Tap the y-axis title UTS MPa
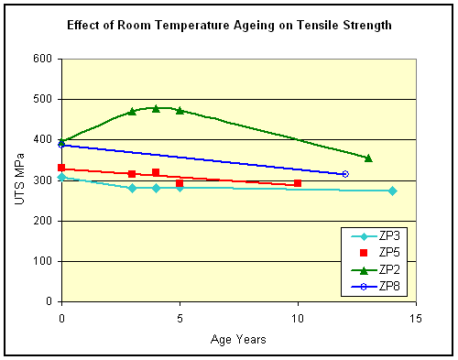click(x=20, y=179)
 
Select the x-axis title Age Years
click(x=238, y=339)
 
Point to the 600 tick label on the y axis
click(x=43, y=59)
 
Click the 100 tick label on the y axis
click(x=43, y=261)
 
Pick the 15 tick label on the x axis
click(x=416, y=319)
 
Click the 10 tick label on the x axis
click(x=298, y=319)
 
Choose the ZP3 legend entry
click(x=376, y=236)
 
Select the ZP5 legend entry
click(x=379, y=253)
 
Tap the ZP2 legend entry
click(x=376, y=269)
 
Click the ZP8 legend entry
click(x=376, y=287)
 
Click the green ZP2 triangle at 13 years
click(x=368, y=158)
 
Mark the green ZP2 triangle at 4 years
click(x=156, y=108)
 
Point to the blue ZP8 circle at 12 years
click(x=345, y=174)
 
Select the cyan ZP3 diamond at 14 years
click(x=393, y=191)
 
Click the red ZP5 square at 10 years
click(x=298, y=183)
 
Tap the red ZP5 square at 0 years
click(x=61, y=168)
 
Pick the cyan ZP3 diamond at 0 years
click(x=62, y=177)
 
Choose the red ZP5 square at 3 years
click(x=132, y=174)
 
